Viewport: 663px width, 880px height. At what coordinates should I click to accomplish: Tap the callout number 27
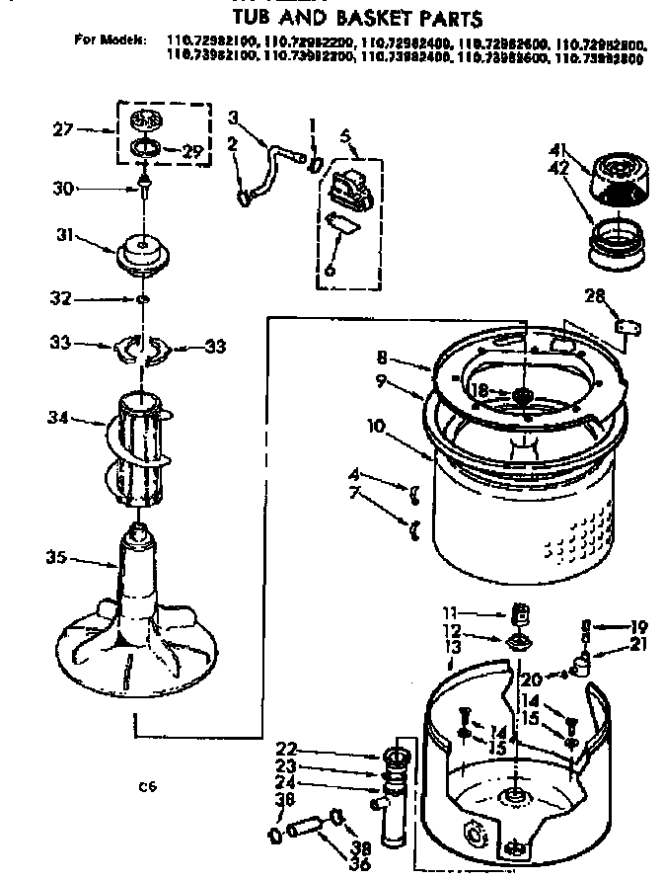(x=62, y=128)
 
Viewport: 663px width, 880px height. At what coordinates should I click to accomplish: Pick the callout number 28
(x=594, y=294)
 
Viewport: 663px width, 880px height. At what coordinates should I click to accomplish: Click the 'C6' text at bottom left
(x=148, y=787)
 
